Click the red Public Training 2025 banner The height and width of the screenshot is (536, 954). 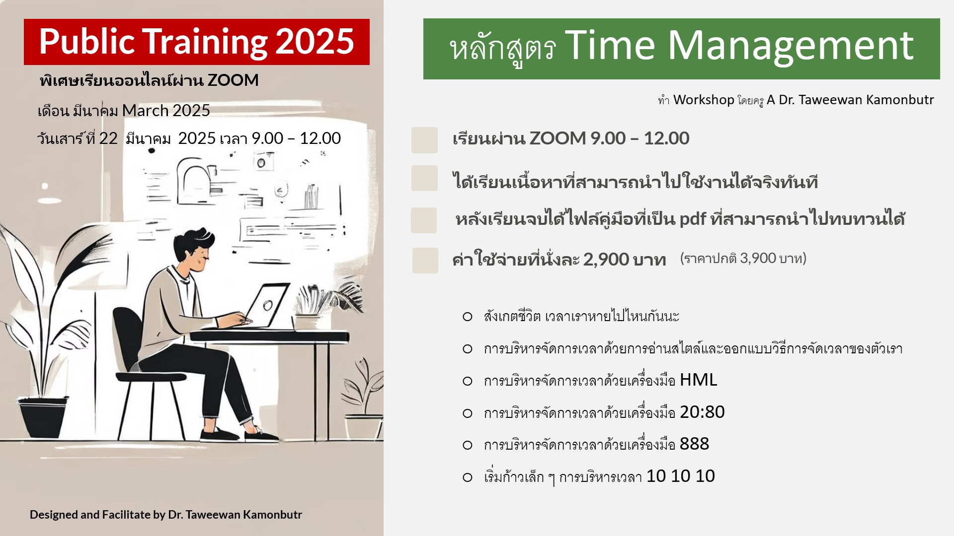196,42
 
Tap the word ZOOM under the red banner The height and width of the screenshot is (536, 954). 233,80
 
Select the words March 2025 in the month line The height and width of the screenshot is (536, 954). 166,111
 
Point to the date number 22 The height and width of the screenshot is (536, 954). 108,138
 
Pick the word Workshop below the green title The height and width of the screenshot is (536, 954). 704,100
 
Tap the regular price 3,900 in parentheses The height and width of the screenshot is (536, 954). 758,258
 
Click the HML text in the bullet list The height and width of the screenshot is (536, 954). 698,380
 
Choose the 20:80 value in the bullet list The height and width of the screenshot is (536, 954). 702,412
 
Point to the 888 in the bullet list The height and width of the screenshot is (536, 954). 694,444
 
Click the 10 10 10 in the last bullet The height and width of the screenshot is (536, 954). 680,476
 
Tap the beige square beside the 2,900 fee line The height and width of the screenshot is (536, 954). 425,261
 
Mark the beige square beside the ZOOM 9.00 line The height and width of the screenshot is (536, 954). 424,140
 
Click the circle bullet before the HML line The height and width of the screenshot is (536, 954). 468,381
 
